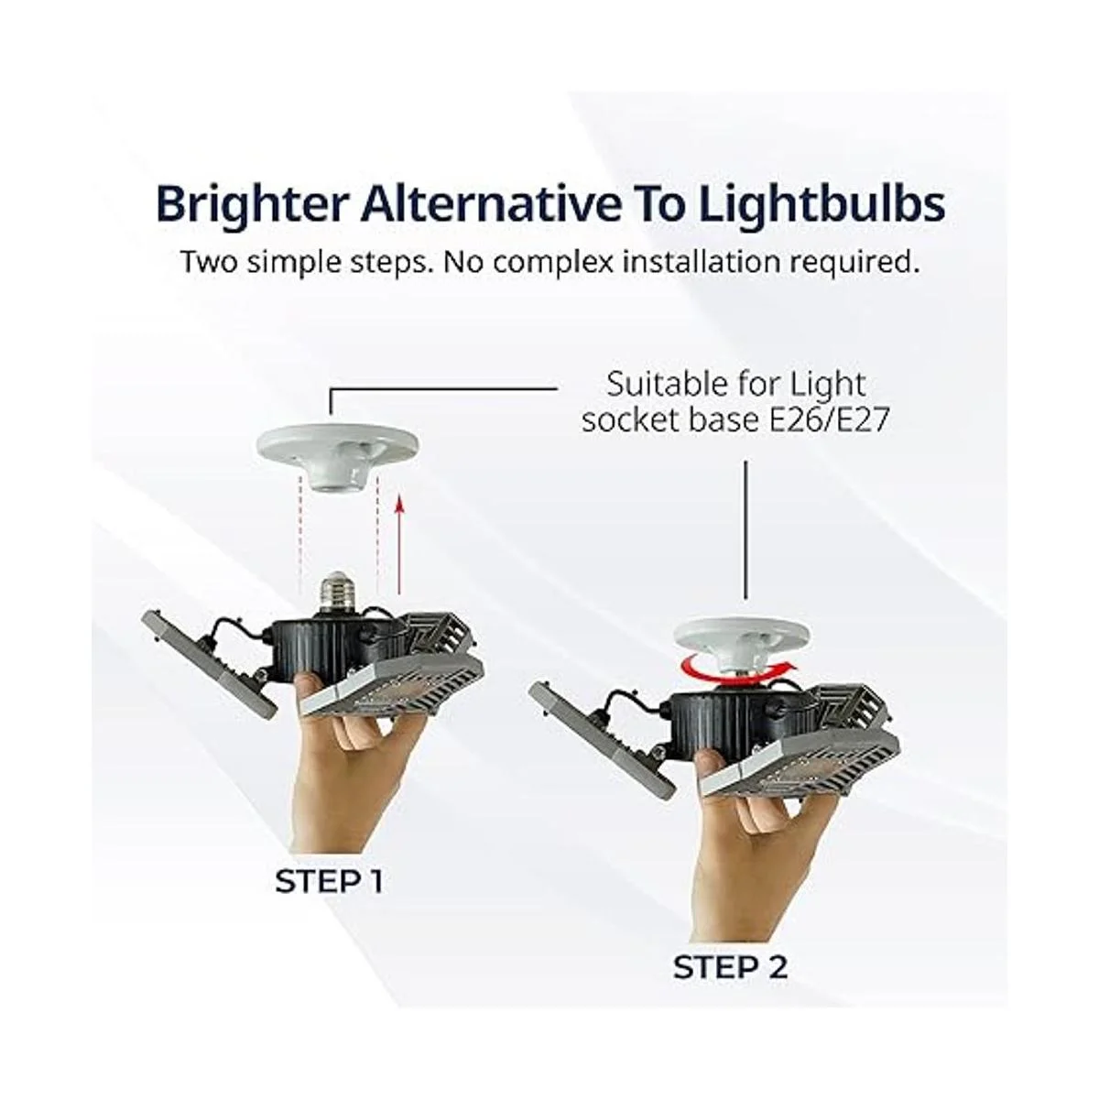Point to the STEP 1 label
click(x=329, y=881)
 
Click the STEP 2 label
click(x=730, y=968)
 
